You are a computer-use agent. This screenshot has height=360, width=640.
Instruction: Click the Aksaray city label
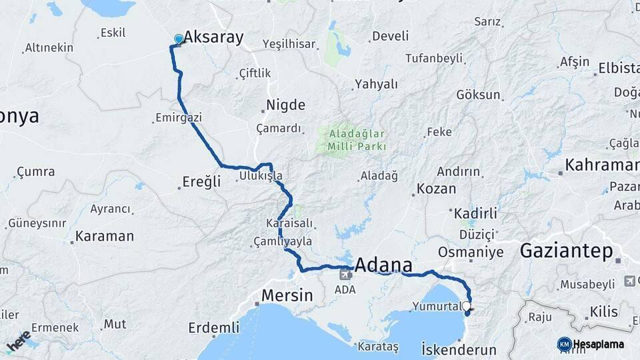(x=213, y=37)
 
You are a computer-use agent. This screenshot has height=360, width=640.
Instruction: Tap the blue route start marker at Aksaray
(x=179, y=39)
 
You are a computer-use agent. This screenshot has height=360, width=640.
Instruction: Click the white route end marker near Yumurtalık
(x=466, y=307)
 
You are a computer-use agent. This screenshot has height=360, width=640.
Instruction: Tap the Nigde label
(x=285, y=105)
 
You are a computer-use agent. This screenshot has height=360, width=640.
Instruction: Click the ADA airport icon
(x=345, y=273)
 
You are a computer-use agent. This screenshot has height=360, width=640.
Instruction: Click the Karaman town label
(x=104, y=236)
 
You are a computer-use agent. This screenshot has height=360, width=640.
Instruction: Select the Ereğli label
(x=201, y=182)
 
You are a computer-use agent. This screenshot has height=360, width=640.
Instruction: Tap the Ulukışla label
(x=261, y=177)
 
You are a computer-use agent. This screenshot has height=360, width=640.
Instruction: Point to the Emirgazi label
(x=178, y=117)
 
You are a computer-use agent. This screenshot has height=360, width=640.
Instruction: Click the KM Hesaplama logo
(x=591, y=344)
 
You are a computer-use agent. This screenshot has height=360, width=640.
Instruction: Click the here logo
(x=18, y=341)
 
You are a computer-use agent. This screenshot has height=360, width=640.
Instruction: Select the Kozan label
(x=436, y=189)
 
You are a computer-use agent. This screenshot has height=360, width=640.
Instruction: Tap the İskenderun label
(x=459, y=349)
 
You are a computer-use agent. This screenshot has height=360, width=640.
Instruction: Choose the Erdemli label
(x=213, y=327)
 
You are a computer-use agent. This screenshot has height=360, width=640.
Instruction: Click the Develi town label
(x=390, y=36)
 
